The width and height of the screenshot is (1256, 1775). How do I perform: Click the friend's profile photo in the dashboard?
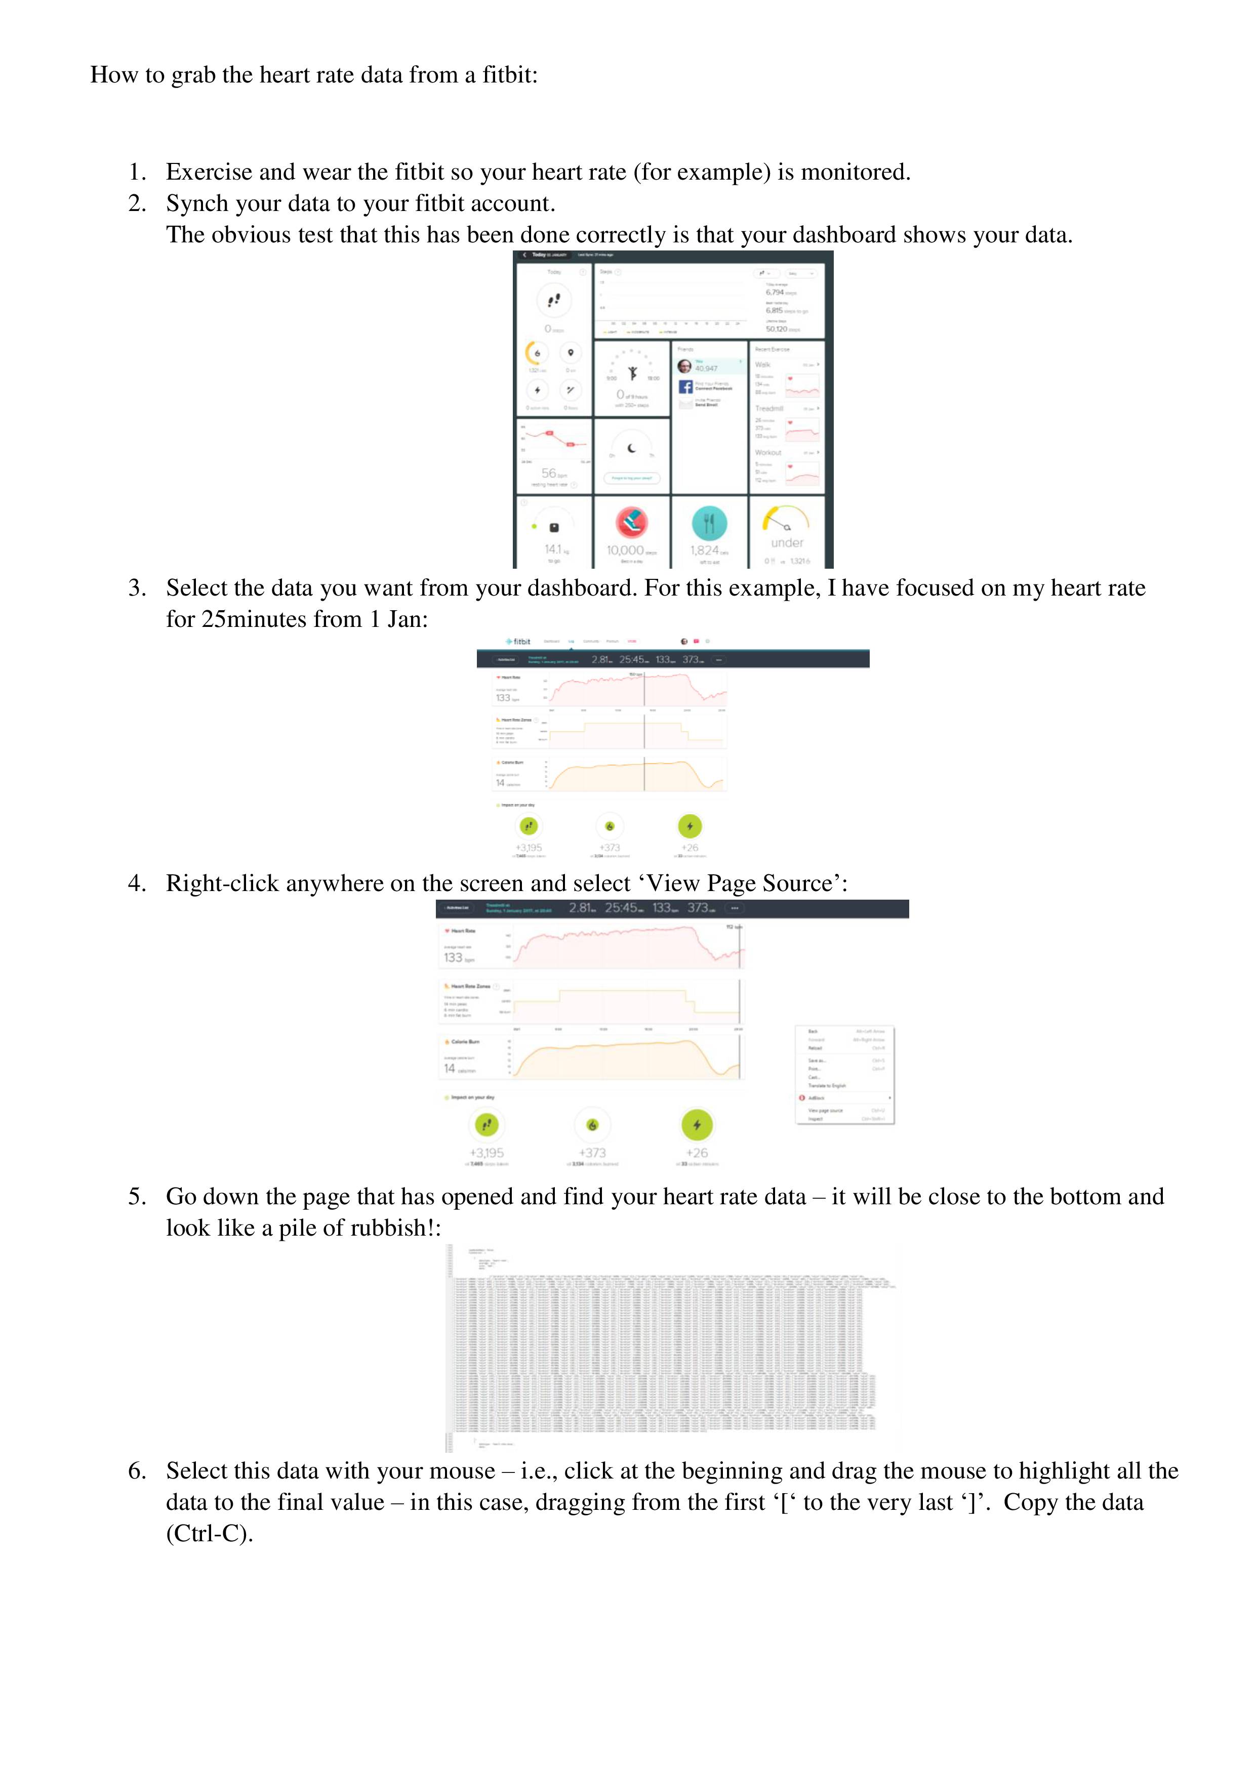(x=684, y=366)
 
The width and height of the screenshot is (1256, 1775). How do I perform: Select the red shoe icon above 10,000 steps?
(x=631, y=523)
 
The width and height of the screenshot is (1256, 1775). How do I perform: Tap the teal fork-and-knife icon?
(x=708, y=523)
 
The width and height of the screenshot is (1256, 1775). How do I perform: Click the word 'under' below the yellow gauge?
(x=787, y=543)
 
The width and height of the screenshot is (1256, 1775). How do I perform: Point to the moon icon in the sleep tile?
(x=632, y=448)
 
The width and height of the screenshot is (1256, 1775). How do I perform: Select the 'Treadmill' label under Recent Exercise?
(x=769, y=408)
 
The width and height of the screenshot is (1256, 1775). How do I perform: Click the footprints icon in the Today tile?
(x=554, y=300)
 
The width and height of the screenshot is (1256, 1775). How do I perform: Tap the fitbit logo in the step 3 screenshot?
(x=518, y=641)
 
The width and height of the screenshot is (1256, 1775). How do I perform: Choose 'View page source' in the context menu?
(x=825, y=1110)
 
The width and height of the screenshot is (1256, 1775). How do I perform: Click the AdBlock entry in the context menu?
(x=817, y=1098)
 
